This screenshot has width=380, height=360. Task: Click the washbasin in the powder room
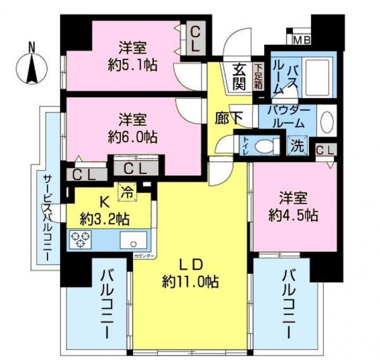[x=327, y=120]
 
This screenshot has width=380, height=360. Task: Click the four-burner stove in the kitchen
[x=81, y=240]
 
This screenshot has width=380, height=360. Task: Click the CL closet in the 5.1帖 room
[x=195, y=38]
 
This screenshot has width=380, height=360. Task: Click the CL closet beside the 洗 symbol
[x=326, y=150]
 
